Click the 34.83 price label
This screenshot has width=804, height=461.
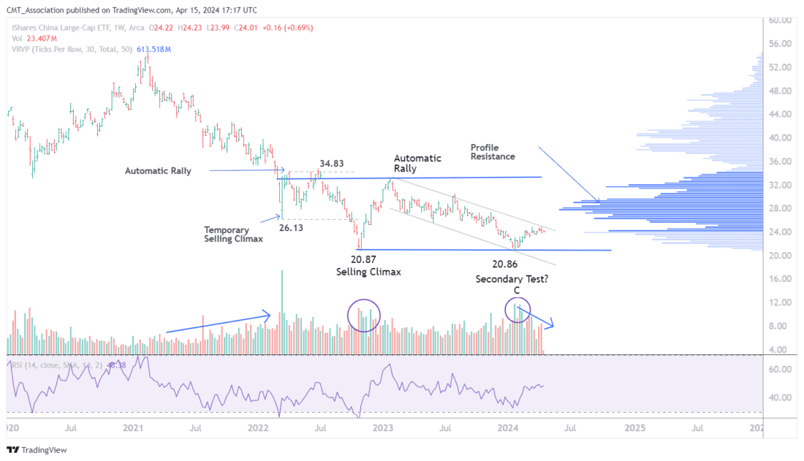pyautogui.click(x=333, y=164)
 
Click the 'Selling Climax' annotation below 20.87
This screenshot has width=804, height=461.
pyautogui.click(x=368, y=272)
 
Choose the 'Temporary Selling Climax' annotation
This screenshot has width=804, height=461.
pyautogui.click(x=232, y=234)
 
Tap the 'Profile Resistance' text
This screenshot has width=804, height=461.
pyautogui.click(x=492, y=151)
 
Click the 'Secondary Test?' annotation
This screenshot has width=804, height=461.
pyautogui.click(x=513, y=279)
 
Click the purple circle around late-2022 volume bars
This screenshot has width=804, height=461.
pyautogui.click(x=364, y=316)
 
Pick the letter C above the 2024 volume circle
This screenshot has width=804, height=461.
pyautogui.click(x=516, y=291)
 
